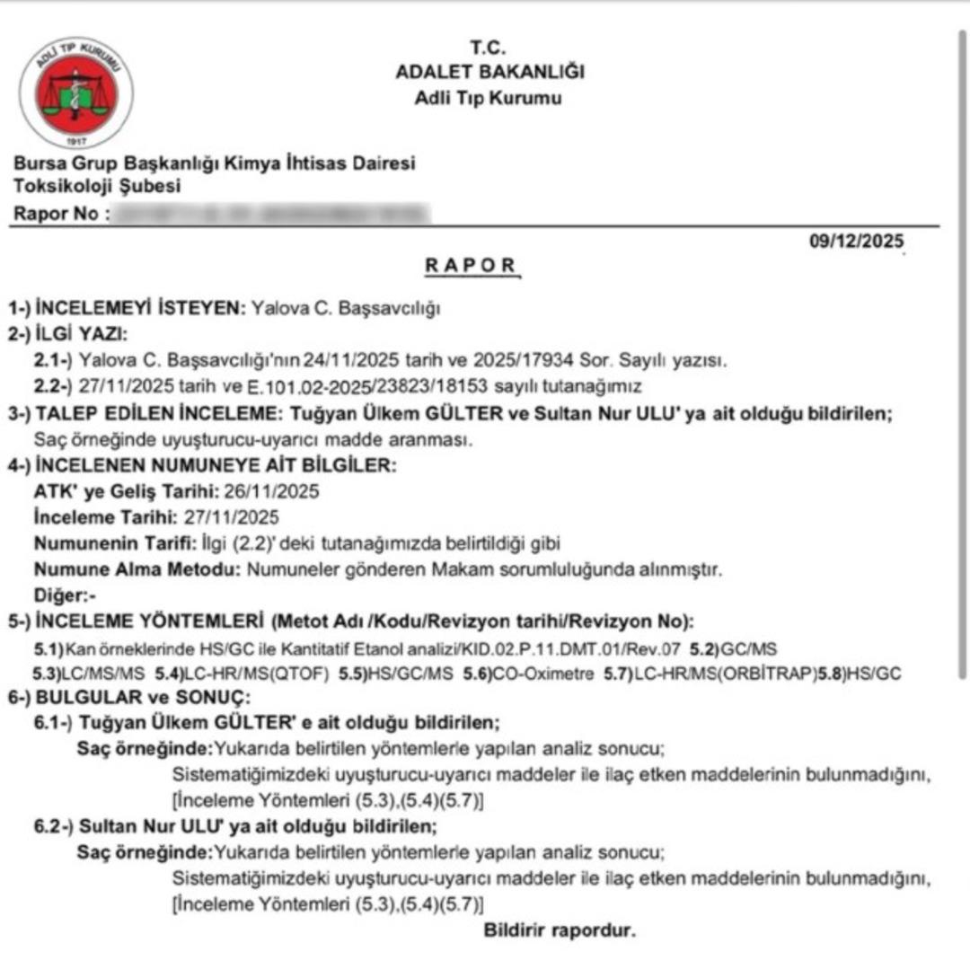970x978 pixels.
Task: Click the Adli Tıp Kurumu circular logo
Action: [x=76, y=93]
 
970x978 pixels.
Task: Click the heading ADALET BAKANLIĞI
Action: [x=489, y=73]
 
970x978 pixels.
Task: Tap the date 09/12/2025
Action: [x=857, y=242]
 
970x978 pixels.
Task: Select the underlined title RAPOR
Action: [x=472, y=266]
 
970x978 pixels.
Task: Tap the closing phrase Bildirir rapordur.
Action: [x=559, y=930]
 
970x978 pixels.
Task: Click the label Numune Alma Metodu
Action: [x=137, y=569]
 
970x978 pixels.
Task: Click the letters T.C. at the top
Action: [x=489, y=47]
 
